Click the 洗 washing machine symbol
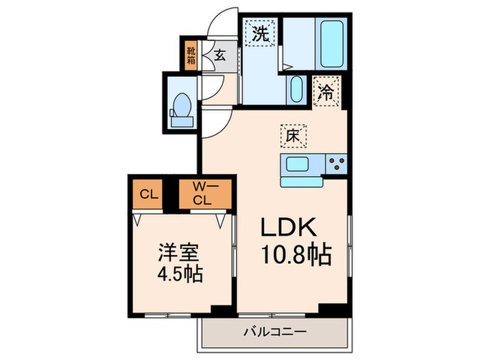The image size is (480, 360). tap(261, 34)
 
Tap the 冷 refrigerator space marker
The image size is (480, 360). tap(327, 92)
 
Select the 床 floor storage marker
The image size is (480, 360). tap(291, 136)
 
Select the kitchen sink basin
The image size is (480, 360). tap(299, 165)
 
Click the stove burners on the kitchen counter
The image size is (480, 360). tap(336, 163)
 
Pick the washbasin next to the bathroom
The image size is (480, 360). tap(296, 88)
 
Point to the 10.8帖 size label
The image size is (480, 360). tap(297, 256)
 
